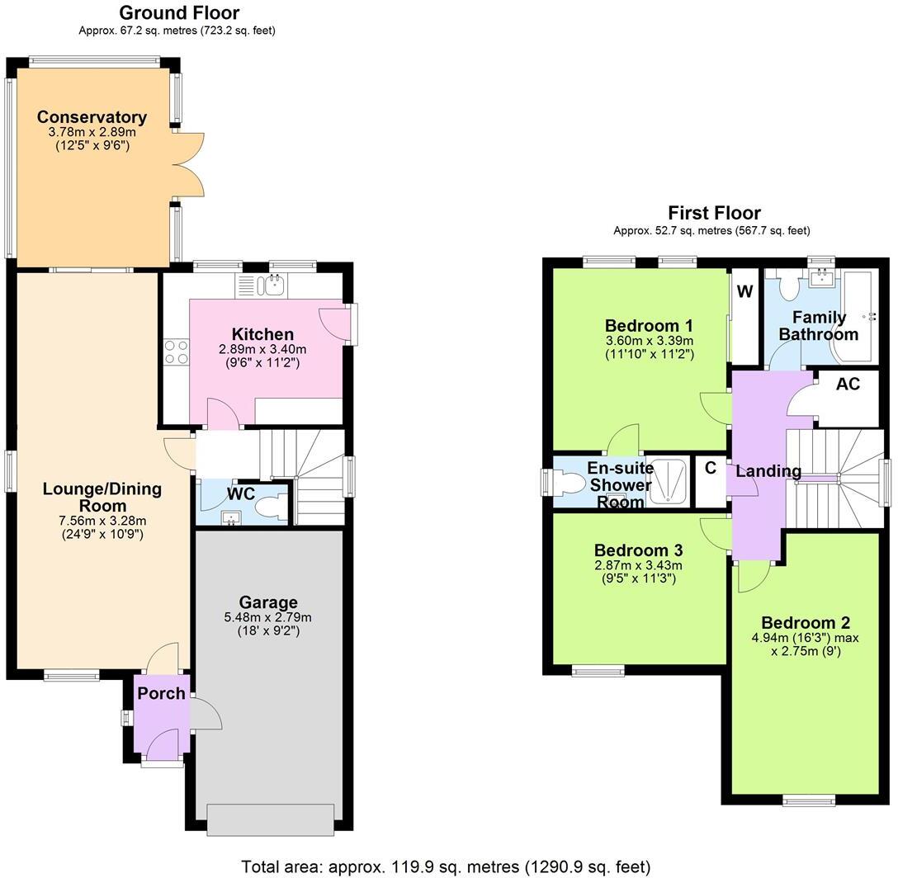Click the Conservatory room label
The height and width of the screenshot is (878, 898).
(92, 117)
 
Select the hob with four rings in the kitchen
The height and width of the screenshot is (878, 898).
(176, 353)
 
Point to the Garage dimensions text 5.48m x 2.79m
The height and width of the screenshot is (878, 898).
(267, 617)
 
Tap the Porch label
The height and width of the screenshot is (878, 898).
(161, 694)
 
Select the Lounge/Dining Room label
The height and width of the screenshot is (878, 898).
(102, 497)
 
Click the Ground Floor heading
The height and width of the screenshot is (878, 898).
(179, 13)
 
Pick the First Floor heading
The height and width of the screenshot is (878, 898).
(714, 213)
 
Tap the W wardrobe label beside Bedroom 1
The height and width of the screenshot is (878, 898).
(744, 291)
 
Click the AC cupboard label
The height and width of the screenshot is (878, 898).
(848, 385)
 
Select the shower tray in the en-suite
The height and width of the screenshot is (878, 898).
(671, 482)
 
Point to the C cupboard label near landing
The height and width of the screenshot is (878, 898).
(710, 469)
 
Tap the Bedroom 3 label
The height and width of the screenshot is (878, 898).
(638, 550)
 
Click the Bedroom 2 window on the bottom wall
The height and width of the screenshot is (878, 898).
(807, 799)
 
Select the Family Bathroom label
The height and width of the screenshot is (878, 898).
(819, 326)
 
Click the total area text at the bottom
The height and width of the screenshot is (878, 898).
(446, 866)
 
